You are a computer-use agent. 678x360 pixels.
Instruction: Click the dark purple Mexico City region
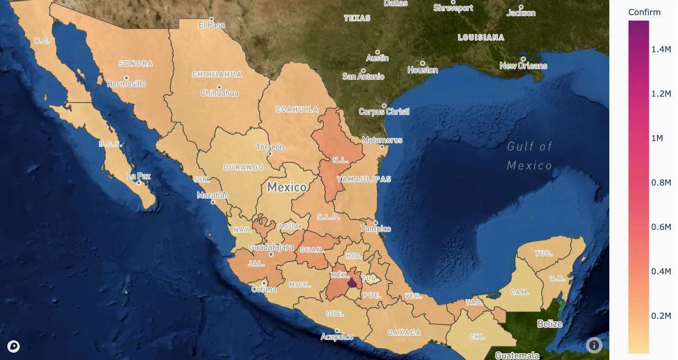(x=352, y=282)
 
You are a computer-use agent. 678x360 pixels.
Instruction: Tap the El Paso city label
(x=212, y=25)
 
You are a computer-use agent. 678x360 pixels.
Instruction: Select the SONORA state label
(x=136, y=64)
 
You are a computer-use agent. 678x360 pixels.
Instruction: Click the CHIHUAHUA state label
(x=217, y=74)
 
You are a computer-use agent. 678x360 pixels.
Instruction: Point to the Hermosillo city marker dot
(x=126, y=78)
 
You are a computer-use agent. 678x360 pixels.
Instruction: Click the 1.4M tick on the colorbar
(x=661, y=49)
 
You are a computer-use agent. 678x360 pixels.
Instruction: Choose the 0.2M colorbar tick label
(x=661, y=316)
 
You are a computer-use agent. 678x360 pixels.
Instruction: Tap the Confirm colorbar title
(x=644, y=12)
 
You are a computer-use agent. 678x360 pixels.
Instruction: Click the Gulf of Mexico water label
(x=530, y=156)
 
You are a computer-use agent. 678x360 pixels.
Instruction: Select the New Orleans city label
(x=523, y=66)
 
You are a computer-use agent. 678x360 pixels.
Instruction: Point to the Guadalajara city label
(x=271, y=247)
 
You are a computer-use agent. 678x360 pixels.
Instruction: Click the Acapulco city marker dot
(x=337, y=331)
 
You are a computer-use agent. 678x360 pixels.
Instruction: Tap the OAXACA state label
(x=404, y=333)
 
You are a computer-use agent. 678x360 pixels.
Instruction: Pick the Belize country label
(x=549, y=324)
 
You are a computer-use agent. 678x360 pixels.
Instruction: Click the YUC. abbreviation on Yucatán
(x=543, y=253)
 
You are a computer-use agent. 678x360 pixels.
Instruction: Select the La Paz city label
(x=139, y=176)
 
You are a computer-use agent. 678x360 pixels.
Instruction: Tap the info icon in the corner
(x=594, y=345)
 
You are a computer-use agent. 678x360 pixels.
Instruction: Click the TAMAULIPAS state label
(x=364, y=179)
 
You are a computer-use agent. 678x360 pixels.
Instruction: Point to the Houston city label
(x=423, y=70)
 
